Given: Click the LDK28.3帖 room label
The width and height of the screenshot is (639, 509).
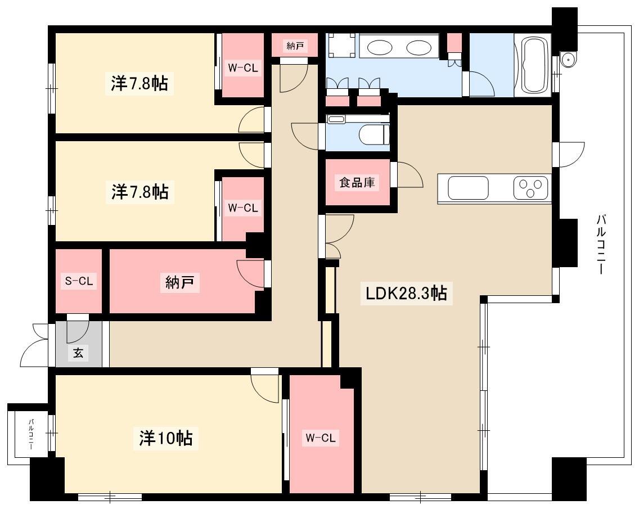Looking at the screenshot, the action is pyautogui.click(x=406, y=293).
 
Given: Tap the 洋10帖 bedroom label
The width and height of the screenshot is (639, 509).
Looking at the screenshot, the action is pyautogui.click(x=166, y=438).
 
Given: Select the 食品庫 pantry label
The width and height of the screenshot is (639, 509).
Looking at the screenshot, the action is pyautogui.click(x=357, y=182).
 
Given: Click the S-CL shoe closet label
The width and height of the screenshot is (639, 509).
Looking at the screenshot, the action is pyautogui.click(x=79, y=281).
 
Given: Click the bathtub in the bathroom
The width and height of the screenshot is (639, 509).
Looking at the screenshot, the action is pyautogui.click(x=533, y=66).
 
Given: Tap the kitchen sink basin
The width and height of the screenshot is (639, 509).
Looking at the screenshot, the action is pyautogui.click(x=468, y=188).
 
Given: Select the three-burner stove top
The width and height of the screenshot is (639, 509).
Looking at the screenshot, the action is pyautogui.click(x=530, y=188).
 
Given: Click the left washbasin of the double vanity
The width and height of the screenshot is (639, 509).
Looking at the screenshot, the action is pyautogui.click(x=379, y=48).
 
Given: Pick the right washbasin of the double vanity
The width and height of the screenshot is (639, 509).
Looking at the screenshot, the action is pyautogui.click(x=418, y=48).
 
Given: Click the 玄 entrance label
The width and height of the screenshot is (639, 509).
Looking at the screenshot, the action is pyautogui.click(x=78, y=353).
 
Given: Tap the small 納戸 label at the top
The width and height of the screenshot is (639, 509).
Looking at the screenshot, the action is pyautogui.click(x=295, y=46).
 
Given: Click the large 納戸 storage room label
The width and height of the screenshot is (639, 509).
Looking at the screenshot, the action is pyautogui.click(x=180, y=282).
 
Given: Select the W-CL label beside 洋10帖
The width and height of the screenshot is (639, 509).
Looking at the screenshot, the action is pyautogui.click(x=321, y=438).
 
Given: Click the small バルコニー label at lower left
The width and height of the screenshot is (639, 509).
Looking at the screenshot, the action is pyautogui.click(x=31, y=434).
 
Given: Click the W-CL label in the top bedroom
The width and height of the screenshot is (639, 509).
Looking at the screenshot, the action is pyautogui.click(x=243, y=67).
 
